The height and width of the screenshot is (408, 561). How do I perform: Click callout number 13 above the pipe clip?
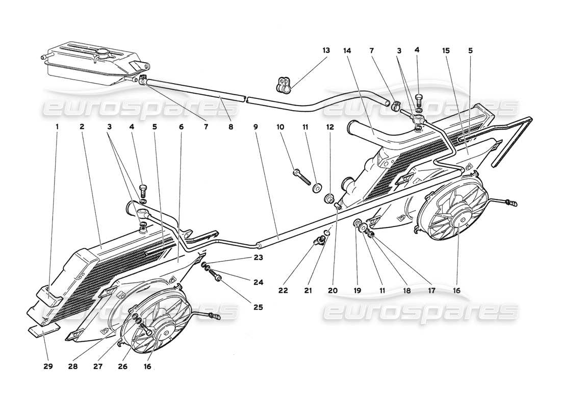pyautogui.click(x=326, y=50)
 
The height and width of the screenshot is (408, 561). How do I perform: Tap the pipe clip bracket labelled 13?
pyautogui.click(x=284, y=85)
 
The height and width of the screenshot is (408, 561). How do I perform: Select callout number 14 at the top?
pyautogui.click(x=348, y=50)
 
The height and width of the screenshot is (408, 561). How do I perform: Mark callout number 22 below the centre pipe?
pyautogui.click(x=283, y=290)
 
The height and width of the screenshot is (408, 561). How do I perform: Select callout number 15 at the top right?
pyautogui.click(x=446, y=50)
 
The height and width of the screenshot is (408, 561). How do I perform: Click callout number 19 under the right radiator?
pyautogui.click(x=357, y=290)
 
